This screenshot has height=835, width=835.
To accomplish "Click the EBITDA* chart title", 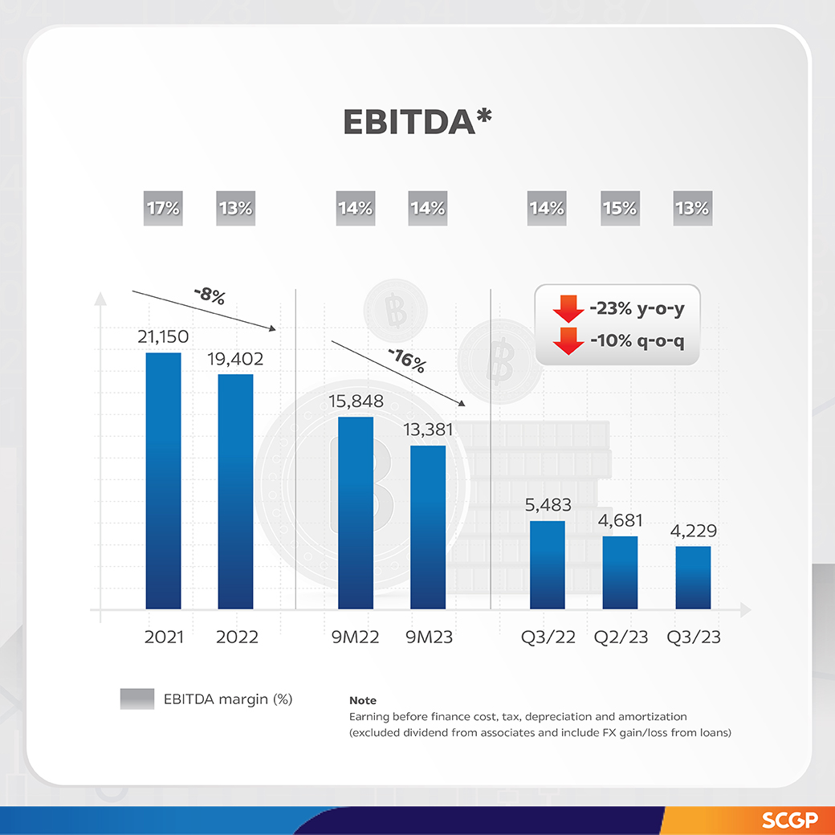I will [417, 121].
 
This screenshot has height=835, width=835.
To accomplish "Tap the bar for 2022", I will [235, 491].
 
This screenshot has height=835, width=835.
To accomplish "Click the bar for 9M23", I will [428, 527].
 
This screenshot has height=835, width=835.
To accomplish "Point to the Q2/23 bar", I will [620, 572].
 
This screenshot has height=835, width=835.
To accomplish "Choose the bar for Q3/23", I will [693, 577].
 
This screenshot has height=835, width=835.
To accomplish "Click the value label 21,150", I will [163, 337].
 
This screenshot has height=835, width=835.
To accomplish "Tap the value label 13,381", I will [428, 430].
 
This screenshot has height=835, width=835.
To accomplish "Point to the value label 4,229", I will [693, 531].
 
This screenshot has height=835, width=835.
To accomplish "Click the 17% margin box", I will [163, 209].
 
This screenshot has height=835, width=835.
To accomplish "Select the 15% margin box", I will [620, 209].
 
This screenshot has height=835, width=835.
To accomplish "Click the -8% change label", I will [210, 296].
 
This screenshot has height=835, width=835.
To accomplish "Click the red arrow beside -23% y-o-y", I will [568, 308].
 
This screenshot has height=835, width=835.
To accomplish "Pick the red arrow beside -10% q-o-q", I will [568, 340].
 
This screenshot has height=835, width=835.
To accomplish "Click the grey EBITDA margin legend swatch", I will [136, 699].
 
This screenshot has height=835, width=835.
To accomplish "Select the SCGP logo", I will [788, 821].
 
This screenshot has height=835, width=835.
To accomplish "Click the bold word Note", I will [363, 701].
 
